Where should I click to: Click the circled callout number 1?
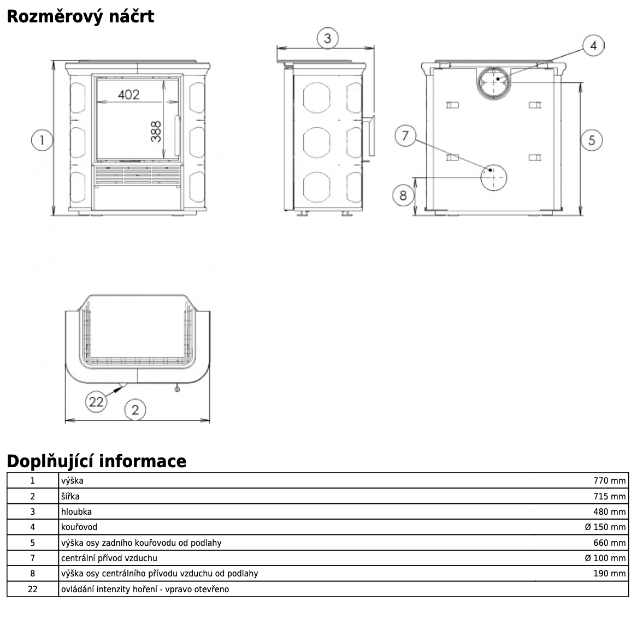click(x=42, y=140)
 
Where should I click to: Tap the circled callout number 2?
click(x=135, y=409)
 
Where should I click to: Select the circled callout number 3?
click(x=327, y=38)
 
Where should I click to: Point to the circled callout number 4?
click(x=593, y=46)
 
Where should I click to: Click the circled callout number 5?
click(x=592, y=140)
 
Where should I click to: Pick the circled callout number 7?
click(x=405, y=135)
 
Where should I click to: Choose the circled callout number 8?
click(x=403, y=195)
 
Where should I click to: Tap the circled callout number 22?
click(x=96, y=402)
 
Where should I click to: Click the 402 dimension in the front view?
click(x=128, y=94)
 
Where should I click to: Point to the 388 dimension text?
click(x=157, y=131)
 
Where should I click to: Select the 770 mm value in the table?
click(x=609, y=481)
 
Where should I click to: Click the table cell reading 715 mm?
click(x=609, y=496)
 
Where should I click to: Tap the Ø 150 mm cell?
click(x=605, y=527)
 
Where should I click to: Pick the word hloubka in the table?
click(x=76, y=511)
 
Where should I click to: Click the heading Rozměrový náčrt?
click(x=80, y=16)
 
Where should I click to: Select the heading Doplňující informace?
click(x=96, y=461)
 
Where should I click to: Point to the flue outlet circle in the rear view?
click(x=495, y=82)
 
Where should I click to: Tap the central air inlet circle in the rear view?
click(x=493, y=176)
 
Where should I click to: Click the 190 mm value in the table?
click(x=609, y=573)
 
